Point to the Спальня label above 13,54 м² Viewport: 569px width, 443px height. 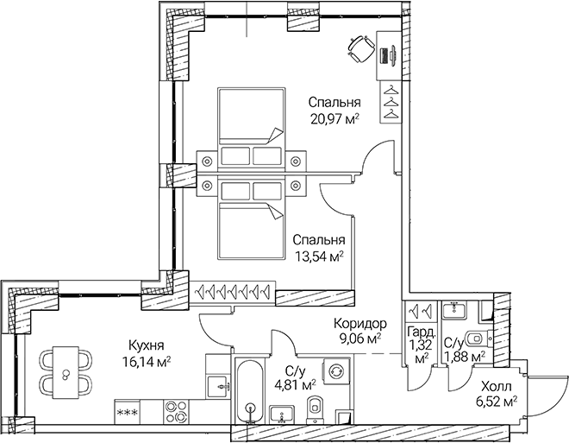click(318, 240)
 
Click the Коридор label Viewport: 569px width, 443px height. click(360, 324)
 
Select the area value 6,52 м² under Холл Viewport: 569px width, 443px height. click(497, 401)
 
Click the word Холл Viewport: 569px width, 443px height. click(494, 385)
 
